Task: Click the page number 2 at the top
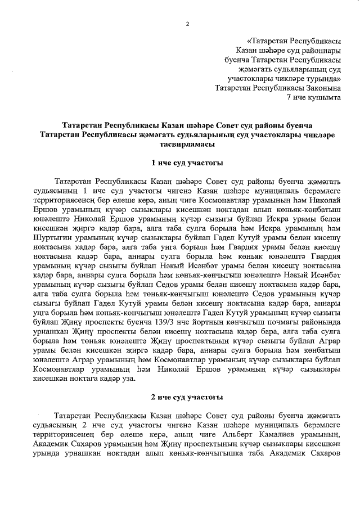187,22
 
